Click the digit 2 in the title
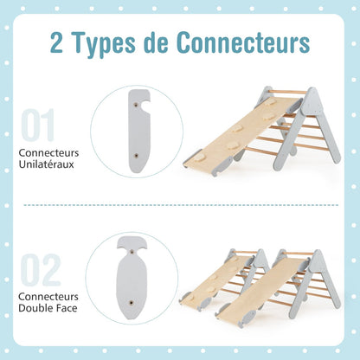point(56,42)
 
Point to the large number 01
point(38,125)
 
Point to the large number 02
point(41,270)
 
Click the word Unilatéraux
point(47,164)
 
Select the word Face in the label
point(66,308)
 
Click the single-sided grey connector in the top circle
point(138,132)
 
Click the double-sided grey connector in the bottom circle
point(132,278)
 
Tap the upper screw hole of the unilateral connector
point(135,106)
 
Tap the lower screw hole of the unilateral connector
point(137,156)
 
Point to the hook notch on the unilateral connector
point(145,105)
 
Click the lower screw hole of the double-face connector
point(132,303)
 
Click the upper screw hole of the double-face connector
point(132,252)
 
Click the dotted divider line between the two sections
point(181,205)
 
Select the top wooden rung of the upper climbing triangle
point(288,92)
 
